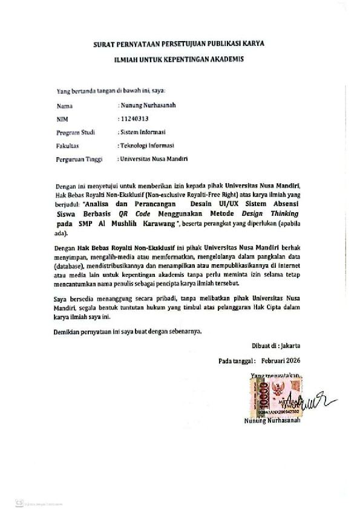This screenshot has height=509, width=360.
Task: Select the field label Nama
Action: pos(64,106)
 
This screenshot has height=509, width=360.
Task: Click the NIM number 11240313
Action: pos(134,119)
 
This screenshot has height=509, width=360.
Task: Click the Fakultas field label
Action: pos(68,146)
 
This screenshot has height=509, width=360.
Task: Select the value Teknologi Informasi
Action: pos(147,146)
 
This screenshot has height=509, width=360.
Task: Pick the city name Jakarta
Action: pos(287,346)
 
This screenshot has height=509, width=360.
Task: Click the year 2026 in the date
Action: pos(290,360)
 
